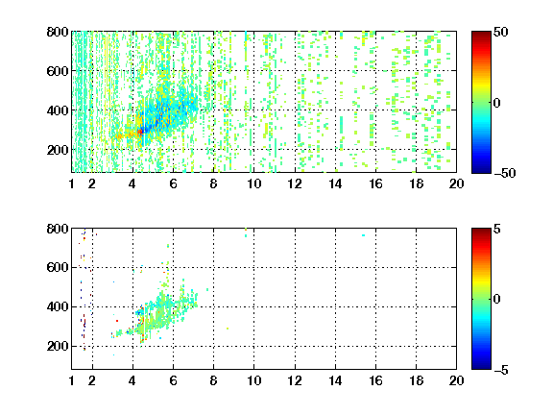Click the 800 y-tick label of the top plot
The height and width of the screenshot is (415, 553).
[58, 32]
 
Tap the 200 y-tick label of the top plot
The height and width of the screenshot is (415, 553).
[58, 150]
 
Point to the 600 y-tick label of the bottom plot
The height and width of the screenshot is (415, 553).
[58, 267]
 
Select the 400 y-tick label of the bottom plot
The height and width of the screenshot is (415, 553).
[58, 306]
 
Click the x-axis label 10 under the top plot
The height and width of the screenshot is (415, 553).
[253, 183]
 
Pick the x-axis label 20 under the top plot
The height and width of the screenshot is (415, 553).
[456, 183]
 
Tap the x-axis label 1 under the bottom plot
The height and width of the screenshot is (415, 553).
[72, 380]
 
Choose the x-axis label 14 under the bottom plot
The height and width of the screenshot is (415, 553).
[335, 380]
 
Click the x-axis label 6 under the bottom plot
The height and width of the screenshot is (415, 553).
[173, 380]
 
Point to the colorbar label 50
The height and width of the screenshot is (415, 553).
[500, 32]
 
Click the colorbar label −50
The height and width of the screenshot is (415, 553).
[504, 173]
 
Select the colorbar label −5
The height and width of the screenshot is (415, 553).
[500, 370]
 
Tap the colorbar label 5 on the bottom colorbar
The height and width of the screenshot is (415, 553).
[497, 229]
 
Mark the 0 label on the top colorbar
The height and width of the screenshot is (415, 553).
[497, 103]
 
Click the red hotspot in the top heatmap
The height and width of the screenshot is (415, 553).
[140, 132]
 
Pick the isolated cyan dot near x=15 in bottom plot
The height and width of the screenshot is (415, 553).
[363, 235]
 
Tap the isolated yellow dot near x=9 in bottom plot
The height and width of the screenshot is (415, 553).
[228, 329]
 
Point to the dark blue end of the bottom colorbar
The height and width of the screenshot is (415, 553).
[481, 367]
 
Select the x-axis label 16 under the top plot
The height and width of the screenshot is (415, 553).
[375, 183]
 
